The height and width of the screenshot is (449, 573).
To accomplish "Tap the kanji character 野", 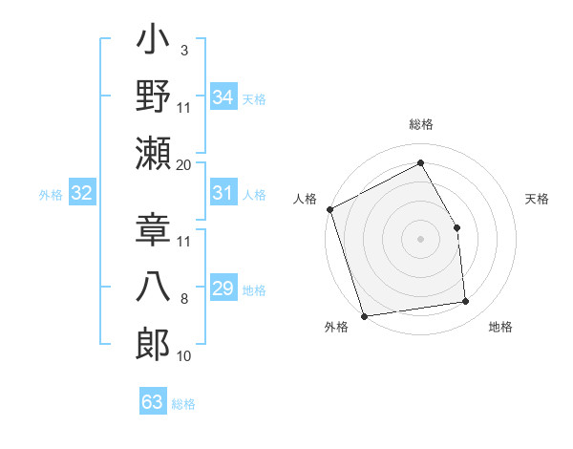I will [x=153, y=96].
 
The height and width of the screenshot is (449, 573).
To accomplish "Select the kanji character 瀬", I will [x=153, y=153].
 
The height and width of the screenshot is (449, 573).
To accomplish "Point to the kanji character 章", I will [x=153, y=229].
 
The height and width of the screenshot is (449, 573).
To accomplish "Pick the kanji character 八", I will [x=153, y=288].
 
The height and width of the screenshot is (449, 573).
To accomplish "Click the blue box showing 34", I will [x=223, y=97].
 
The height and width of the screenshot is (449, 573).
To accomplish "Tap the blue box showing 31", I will [x=223, y=193].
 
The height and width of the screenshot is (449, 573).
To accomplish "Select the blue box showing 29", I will [x=223, y=289].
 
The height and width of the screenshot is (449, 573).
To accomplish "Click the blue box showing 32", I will [x=81, y=194].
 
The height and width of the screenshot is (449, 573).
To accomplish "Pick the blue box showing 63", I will [x=152, y=402].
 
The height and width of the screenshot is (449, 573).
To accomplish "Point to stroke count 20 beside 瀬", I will [x=184, y=165].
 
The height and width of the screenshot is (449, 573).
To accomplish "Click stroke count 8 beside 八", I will [x=184, y=300].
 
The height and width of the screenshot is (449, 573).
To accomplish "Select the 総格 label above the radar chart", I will [x=420, y=125].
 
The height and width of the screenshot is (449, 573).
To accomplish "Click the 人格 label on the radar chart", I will [x=306, y=199].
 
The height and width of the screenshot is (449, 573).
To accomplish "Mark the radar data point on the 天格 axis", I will [x=456, y=227].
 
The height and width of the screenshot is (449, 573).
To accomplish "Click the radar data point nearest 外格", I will [x=363, y=316].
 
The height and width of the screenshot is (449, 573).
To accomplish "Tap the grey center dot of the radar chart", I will [x=420, y=239].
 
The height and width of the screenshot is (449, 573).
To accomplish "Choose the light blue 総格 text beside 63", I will [x=184, y=404].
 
